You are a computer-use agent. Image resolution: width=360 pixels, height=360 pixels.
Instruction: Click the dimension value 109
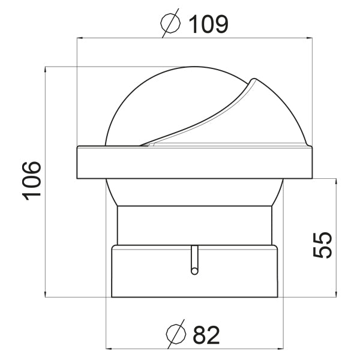pyautogui.click(x=208, y=24)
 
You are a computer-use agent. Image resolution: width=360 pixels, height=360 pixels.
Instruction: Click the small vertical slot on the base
pyautogui.click(x=194, y=260)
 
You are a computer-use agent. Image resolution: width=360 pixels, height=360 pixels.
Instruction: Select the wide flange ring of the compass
pyautogui.click(x=195, y=162)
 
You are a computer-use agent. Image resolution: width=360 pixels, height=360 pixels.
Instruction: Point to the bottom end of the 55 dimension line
pyautogui.click(x=335, y=296)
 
